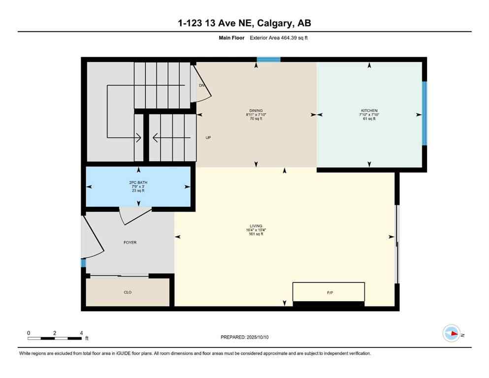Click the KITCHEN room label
369,110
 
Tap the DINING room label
256,110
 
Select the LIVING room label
256,225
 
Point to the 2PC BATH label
138,183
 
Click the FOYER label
130,243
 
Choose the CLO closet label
128,292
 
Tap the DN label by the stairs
201,86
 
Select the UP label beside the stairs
208,138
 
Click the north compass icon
451,333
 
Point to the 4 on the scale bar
81,333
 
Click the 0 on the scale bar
29,333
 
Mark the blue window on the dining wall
268,60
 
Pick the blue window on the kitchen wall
424,113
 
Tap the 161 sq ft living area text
256,234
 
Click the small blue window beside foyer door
83,263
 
